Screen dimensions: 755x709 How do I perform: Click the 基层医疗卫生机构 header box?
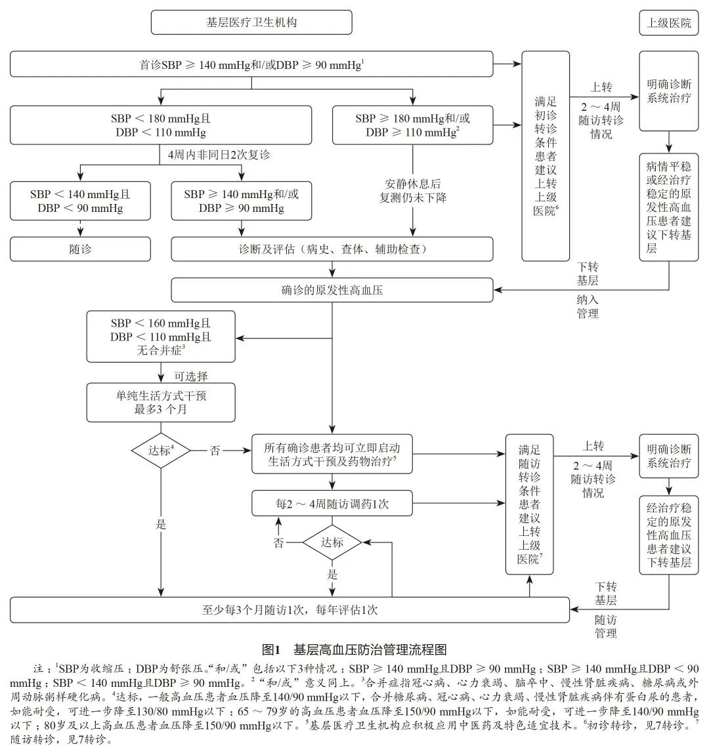251,22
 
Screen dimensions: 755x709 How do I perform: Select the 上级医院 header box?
669,22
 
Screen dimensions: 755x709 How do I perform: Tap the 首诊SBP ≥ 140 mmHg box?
251,65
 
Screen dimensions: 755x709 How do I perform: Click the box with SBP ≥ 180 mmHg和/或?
412,125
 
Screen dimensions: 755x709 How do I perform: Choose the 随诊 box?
80,249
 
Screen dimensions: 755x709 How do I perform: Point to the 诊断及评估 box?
332,249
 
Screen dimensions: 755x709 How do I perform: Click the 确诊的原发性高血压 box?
332,290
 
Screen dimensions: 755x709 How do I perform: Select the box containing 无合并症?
161,337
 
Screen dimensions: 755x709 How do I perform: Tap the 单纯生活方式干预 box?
161,402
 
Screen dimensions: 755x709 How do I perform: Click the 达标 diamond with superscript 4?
161,450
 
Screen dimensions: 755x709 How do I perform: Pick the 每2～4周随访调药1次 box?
332,504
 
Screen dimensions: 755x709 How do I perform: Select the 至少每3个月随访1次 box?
290,609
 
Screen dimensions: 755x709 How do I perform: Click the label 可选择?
191,376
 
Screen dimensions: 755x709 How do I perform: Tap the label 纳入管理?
588,306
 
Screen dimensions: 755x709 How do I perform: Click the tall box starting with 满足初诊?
546,156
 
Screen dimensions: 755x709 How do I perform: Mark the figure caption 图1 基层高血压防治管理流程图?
354,649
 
